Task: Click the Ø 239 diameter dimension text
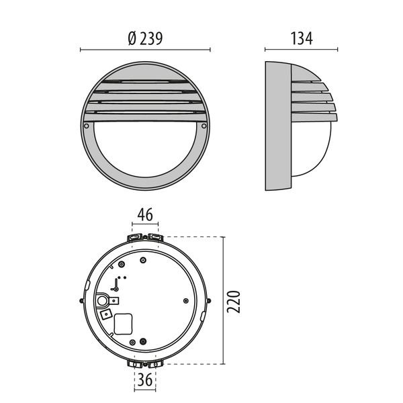(x=145, y=39)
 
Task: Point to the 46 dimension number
(x=145, y=216)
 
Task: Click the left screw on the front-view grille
(x=88, y=126)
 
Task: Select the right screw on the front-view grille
(x=204, y=126)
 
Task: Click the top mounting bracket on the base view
(x=145, y=237)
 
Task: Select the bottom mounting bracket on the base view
(x=145, y=363)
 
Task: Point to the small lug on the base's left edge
(x=83, y=300)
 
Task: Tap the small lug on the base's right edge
(x=209, y=300)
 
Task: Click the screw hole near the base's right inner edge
(x=184, y=301)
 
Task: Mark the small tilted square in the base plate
(x=105, y=313)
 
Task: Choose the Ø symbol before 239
(x=131, y=39)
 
